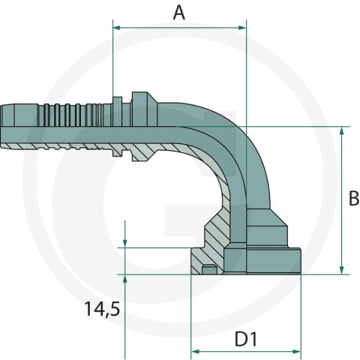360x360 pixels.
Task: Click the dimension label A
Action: tap(179, 13)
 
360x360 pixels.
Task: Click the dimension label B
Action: tap(354, 199)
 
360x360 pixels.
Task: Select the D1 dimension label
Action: tap(246, 340)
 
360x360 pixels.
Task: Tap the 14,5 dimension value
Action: tap(102, 309)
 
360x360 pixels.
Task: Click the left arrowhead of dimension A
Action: tap(117, 28)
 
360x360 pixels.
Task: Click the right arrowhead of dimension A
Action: tap(242, 28)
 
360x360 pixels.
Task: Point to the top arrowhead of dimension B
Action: tap(342, 130)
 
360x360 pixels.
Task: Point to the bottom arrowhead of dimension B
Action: tap(342, 270)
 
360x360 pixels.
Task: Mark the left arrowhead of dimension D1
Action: tap(195, 352)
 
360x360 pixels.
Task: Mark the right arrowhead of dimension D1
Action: tap(296, 352)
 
